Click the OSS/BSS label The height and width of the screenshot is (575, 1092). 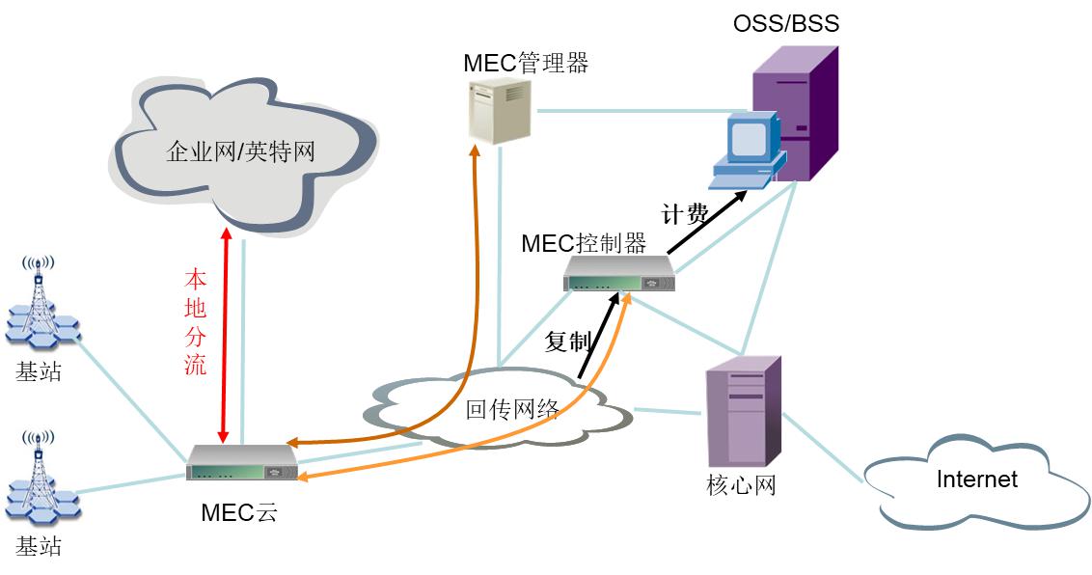pyautogui.click(x=786, y=23)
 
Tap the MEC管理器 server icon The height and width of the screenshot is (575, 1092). pyautogui.click(x=500, y=112)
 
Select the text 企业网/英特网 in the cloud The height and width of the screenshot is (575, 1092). pyautogui.click(x=240, y=151)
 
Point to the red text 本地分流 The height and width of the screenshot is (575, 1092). pyautogui.click(x=195, y=322)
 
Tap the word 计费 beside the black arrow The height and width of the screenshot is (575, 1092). pyautogui.click(x=684, y=214)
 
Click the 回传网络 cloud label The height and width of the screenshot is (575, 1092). pyautogui.click(x=513, y=408)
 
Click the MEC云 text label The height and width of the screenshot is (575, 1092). pyautogui.click(x=238, y=512)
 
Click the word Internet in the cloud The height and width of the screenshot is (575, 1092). pyautogui.click(x=976, y=479)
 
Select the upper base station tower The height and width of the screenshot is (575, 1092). pyautogui.click(x=40, y=304)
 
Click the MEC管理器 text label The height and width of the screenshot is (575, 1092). pyautogui.click(x=525, y=64)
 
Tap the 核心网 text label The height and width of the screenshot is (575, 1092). pyautogui.click(x=741, y=485)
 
